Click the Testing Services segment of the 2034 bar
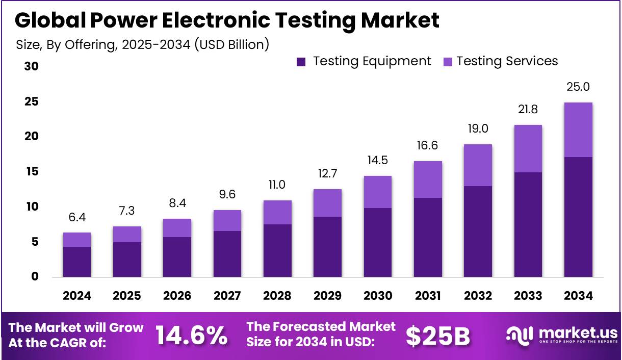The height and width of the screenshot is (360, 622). pos(578,130)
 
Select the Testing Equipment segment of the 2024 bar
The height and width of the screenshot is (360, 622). pos(77,262)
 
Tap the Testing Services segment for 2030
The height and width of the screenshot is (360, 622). pos(378,192)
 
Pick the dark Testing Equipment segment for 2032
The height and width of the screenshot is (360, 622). pos(478,232)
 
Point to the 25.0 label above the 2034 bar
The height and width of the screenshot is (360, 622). pos(578,87)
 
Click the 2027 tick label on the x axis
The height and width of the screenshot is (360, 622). pos(227,296)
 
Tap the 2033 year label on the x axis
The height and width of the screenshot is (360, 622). pos(528,296)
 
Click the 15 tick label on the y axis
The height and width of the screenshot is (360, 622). pos(32,172)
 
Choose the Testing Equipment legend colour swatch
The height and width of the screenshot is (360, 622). pos(301,62)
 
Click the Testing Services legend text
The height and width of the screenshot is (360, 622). pos(507,61)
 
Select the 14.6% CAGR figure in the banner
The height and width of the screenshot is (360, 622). pos(191,335)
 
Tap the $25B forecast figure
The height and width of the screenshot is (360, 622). pos(438,335)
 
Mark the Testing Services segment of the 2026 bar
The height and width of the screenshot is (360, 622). pos(177,228)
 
